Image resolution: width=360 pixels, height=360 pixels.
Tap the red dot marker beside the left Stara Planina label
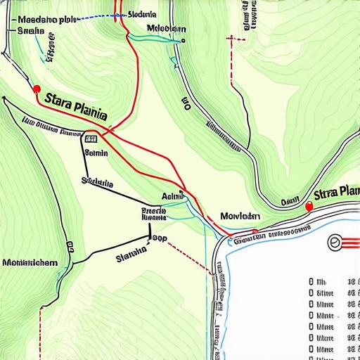[37, 89]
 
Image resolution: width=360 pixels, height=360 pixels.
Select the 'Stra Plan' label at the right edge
[336, 193]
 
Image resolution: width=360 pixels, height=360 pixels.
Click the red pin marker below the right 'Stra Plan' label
[309, 205]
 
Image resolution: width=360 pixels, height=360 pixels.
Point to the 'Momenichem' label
[30, 262]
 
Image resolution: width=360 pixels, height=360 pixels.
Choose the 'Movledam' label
[240, 216]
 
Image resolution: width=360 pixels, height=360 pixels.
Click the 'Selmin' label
[96, 152]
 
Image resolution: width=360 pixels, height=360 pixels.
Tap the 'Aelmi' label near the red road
[172, 196]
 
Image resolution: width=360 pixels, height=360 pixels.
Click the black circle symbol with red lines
[335, 243]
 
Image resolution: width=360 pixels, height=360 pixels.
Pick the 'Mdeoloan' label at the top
[166, 29]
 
